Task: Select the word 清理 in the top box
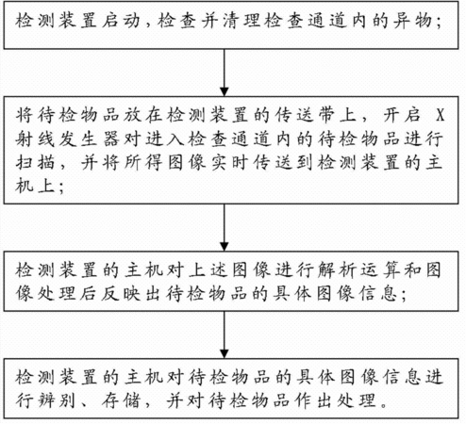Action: (x=241, y=21)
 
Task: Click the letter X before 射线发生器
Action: (x=440, y=115)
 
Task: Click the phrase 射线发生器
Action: (x=67, y=139)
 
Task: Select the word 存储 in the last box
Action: (x=120, y=400)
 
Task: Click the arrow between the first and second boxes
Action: (x=225, y=73)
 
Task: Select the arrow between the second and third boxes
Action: (x=225, y=227)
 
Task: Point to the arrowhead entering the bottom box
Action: (x=225, y=354)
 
